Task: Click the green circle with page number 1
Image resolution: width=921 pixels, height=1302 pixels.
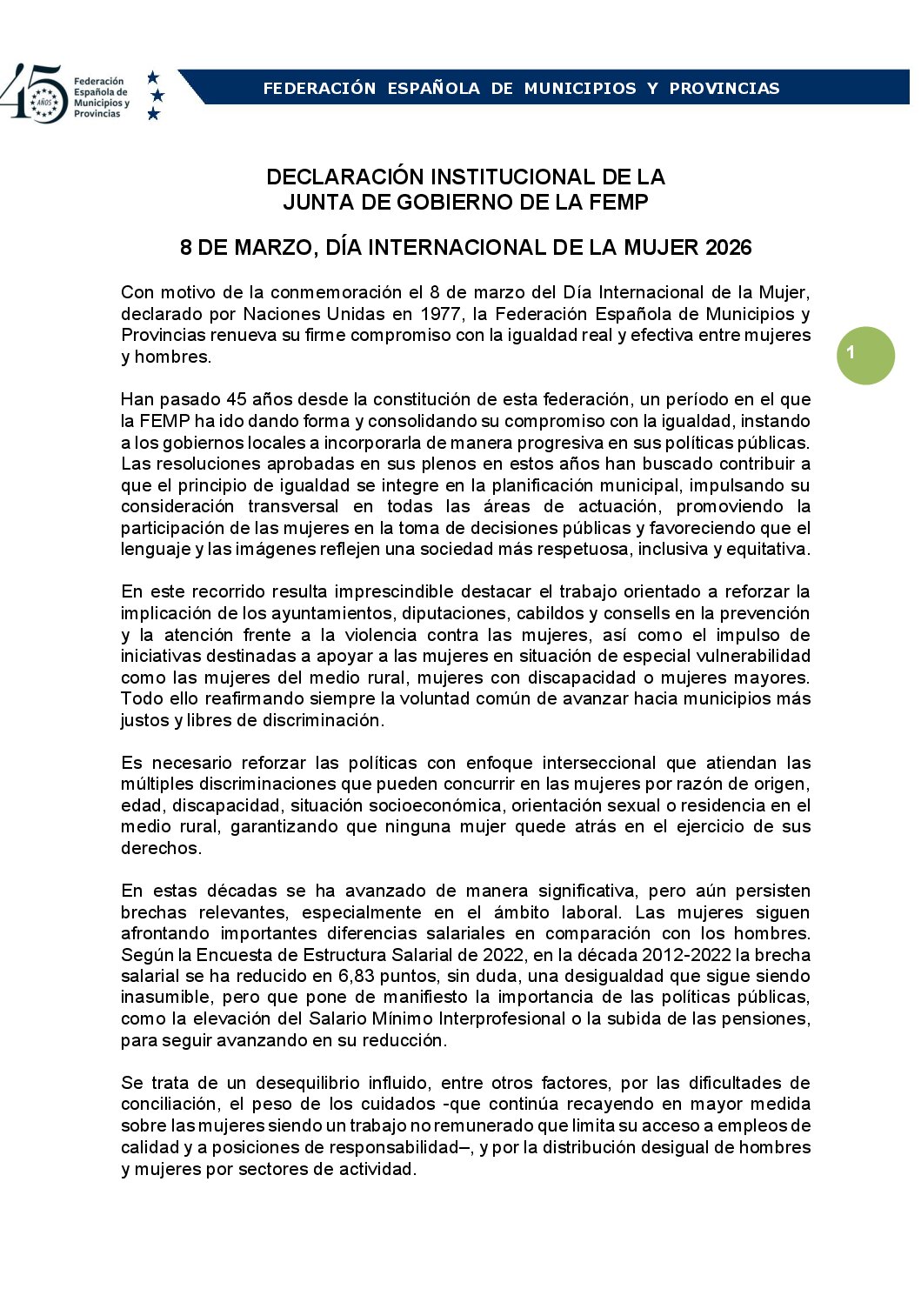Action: (x=865, y=355)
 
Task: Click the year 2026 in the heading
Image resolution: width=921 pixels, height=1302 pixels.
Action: (x=728, y=248)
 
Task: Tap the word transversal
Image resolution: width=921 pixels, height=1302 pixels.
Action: (x=293, y=506)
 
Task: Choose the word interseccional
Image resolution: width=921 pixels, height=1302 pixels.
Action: (x=599, y=763)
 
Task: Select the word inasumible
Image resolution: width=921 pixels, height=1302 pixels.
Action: (x=166, y=998)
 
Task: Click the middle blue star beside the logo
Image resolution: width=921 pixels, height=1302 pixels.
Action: (x=157, y=95)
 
